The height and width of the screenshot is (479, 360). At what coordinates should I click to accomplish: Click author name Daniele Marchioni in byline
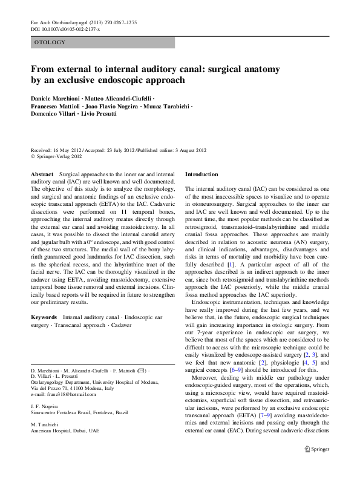pos(57,97)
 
